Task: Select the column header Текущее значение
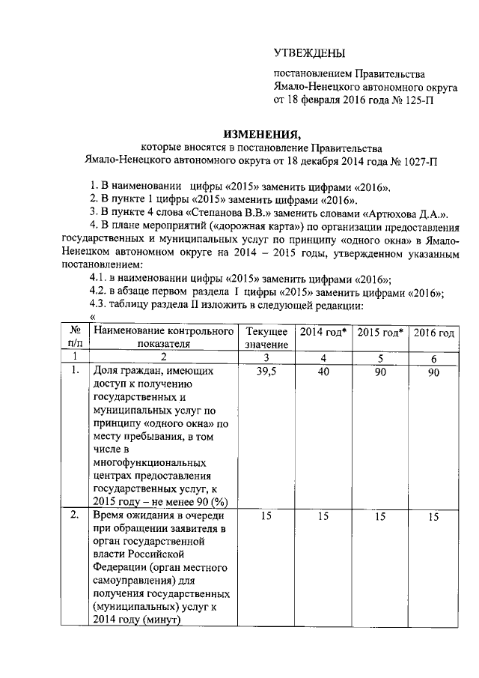point(266,337)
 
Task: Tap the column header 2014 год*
point(323,332)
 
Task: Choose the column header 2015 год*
point(379,332)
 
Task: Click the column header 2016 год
point(433,332)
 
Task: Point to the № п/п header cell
point(75,337)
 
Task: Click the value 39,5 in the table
point(266,372)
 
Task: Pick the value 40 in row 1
point(323,372)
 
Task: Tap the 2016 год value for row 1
point(433,372)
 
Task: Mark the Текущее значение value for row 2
point(266,517)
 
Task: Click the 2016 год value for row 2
point(433,517)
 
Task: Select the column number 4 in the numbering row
point(323,357)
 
